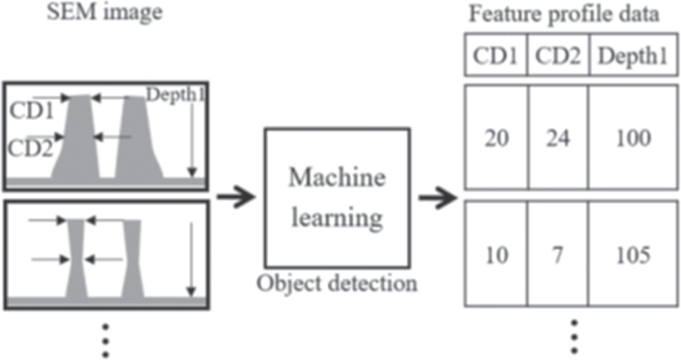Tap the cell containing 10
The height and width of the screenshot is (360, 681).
click(495, 255)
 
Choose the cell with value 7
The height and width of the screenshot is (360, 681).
click(558, 255)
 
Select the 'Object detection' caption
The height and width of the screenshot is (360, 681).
click(336, 283)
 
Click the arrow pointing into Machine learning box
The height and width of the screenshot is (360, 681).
click(235, 197)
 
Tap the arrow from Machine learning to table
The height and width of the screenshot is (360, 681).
click(438, 197)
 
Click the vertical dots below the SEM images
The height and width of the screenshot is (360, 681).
click(105, 339)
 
